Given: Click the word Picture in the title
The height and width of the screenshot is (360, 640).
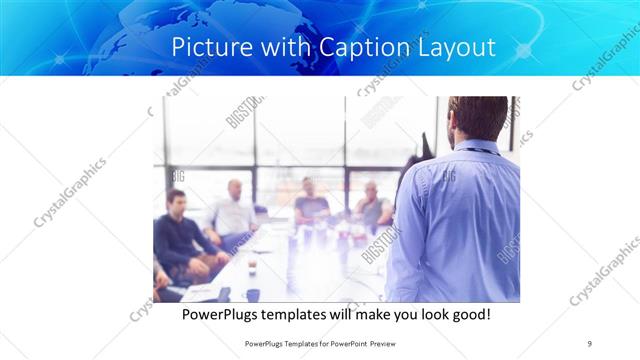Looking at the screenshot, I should pos(205,46).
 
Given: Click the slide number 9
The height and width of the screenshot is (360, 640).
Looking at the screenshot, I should pos(590,343).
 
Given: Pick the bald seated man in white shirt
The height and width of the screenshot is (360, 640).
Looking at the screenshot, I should pos(233,212).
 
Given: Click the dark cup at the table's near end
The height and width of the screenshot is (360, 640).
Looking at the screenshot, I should pos(252,294).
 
